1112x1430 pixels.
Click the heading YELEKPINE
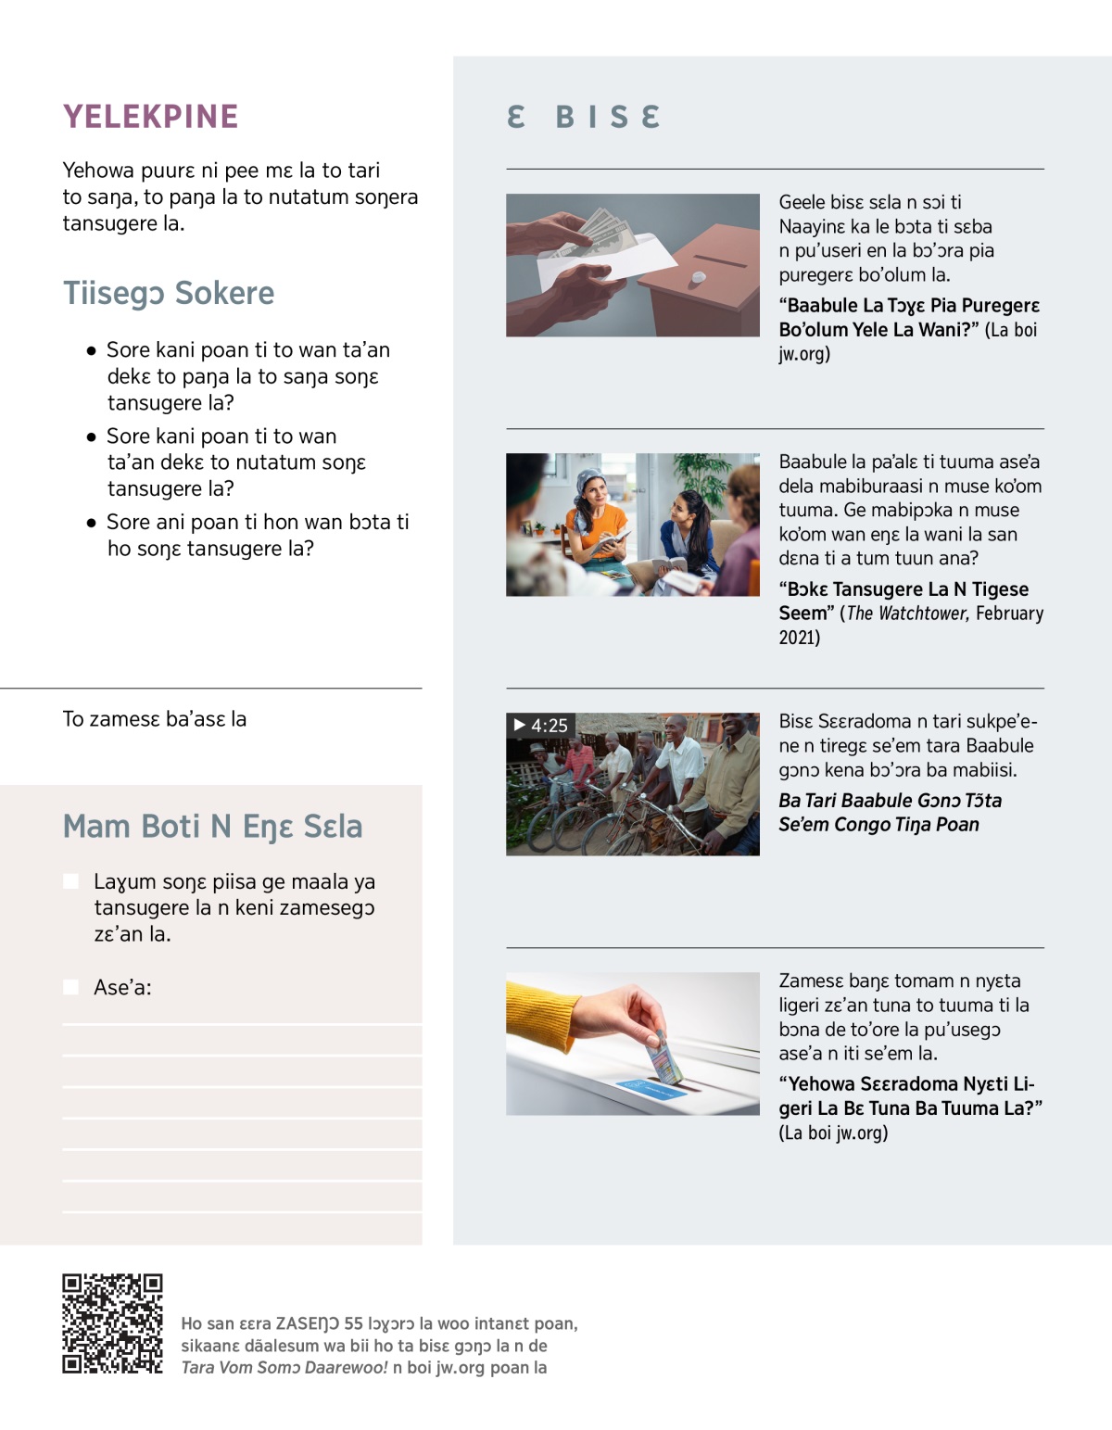pos(150,117)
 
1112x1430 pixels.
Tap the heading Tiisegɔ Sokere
pos(169,293)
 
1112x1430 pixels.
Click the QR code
pos(112,1323)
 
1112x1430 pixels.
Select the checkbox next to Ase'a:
pos(70,987)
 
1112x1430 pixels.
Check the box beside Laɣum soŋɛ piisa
pos(70,881)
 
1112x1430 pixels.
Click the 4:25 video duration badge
pos(540,726)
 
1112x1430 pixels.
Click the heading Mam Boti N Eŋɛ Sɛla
pos(212,827)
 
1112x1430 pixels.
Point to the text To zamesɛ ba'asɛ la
pos(154,719)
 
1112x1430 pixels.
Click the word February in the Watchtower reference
pos(1009,614)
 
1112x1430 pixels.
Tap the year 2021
pos(799,638)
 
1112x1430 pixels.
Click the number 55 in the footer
pos(353,1323)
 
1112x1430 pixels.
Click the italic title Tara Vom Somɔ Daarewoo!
pos(284,1368)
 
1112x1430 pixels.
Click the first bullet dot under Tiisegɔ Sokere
pos(91,351)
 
